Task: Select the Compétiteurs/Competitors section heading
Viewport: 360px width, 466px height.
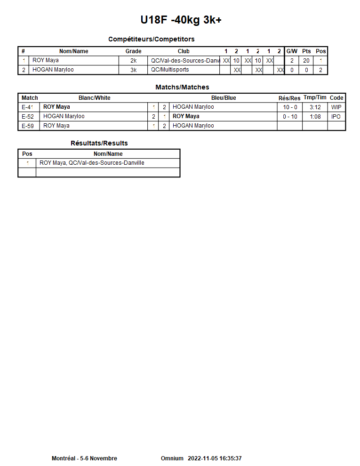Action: point(151,39)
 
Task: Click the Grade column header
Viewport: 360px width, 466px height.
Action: point(133,51)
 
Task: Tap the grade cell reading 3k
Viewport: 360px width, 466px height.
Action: point(133,70)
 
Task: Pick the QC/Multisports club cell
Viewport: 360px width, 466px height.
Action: point(170,70)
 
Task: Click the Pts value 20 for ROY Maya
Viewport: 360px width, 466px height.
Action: point(306,61)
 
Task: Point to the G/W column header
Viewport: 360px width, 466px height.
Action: point(292,51)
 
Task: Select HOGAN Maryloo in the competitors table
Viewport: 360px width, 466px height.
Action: point(53,70)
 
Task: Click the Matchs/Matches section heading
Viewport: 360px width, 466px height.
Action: point(182,87)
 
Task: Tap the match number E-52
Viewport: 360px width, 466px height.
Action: point(28,116)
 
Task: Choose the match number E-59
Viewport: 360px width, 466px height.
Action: point(28,126)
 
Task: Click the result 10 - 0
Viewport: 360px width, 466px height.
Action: point(290,107)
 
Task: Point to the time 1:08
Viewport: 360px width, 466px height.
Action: point(315,116)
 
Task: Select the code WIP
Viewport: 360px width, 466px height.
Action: point(336,107)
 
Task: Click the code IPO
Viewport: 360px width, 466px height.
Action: point(336,116)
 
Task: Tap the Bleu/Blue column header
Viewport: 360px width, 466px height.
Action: point(224,98)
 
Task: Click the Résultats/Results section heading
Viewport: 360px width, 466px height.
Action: point(99,143)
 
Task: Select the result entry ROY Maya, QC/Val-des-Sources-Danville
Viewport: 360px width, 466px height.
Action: point(92,163)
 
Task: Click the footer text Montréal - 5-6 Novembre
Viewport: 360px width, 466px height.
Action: point(84,458)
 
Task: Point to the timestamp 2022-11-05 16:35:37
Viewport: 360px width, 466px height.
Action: point(215,458)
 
